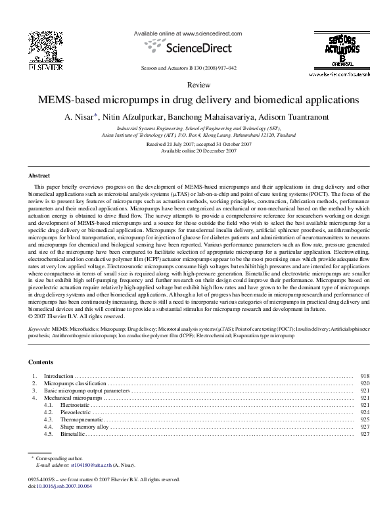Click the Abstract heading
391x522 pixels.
pyautogui.click(x=39, y=176)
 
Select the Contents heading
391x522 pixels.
pyautogui.click(x=41, y=362)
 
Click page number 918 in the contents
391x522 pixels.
pyautogui.click(x=365, y=376)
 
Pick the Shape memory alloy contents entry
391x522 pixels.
pyautogui.click(x=83, y=427)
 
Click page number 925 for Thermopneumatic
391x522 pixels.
pyautogui.click(x=365, y=419)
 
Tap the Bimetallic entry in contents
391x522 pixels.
pyautogui.click(x=72, y=434)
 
